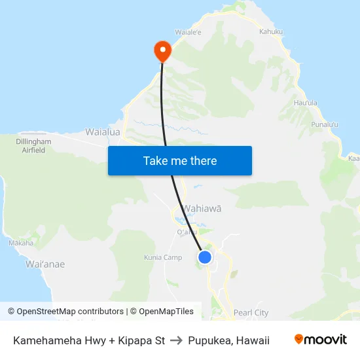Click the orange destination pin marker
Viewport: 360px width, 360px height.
[x=161, y=50]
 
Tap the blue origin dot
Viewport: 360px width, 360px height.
[x=205, y=257]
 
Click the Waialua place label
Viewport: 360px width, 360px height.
[x=103, y=132]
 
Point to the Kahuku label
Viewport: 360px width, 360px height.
[x=271, y=31]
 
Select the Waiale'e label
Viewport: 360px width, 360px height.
[x=189, y=31]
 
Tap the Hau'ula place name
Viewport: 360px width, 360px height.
[x=305, y=103]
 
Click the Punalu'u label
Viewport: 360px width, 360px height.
[x=325, y=124]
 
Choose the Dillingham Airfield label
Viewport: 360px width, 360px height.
[x=33, y=145]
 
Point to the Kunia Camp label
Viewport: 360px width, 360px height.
[x=163, y=257]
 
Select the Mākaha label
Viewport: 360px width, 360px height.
[x=21, y=243]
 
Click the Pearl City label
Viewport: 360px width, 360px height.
[x=251, y=313]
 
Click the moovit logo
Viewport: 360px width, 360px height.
[x=320, y=340]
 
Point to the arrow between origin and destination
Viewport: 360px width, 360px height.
[x=177, y=340]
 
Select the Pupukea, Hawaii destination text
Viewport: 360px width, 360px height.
[x=228, y=340]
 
